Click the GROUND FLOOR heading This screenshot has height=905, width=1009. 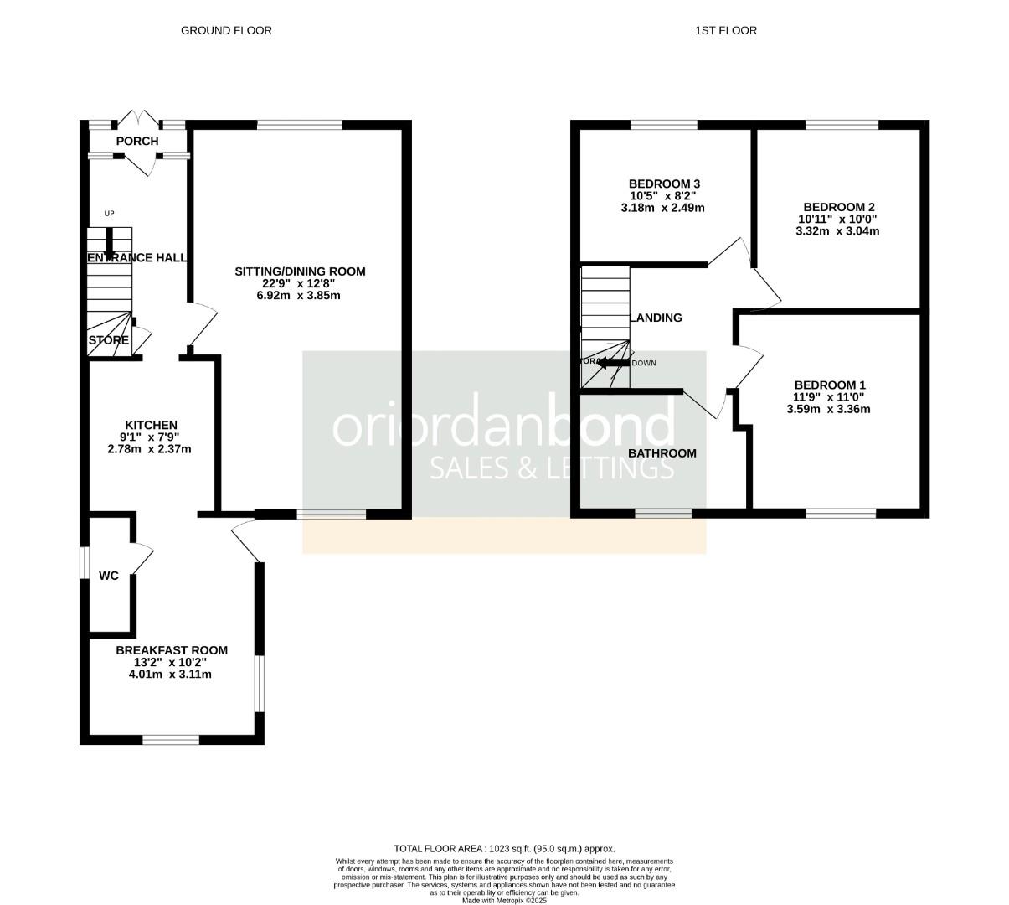[x=226, y=30]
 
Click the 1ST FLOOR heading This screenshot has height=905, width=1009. [x=725, y=30]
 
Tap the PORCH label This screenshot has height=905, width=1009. [x=137, y=141]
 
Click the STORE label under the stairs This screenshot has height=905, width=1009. [x=109, y=340]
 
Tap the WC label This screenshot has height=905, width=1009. [x=109, y=576]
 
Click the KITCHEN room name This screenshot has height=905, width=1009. [x=151, y=425]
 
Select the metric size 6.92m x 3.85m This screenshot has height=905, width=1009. [x=300, y=295]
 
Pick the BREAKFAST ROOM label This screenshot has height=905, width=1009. [x=172, y=650]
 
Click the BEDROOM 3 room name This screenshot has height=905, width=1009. [x=664, y=184]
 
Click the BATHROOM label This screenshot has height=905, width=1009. [x=662, y=453]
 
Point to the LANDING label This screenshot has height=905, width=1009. [x=656, y=318]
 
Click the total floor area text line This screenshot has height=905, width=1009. [x=504, y=848]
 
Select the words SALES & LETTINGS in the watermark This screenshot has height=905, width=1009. [x=552, y=468]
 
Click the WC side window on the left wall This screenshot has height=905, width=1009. [x=84, y=562]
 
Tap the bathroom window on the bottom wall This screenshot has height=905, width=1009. [x=663, y=513]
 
